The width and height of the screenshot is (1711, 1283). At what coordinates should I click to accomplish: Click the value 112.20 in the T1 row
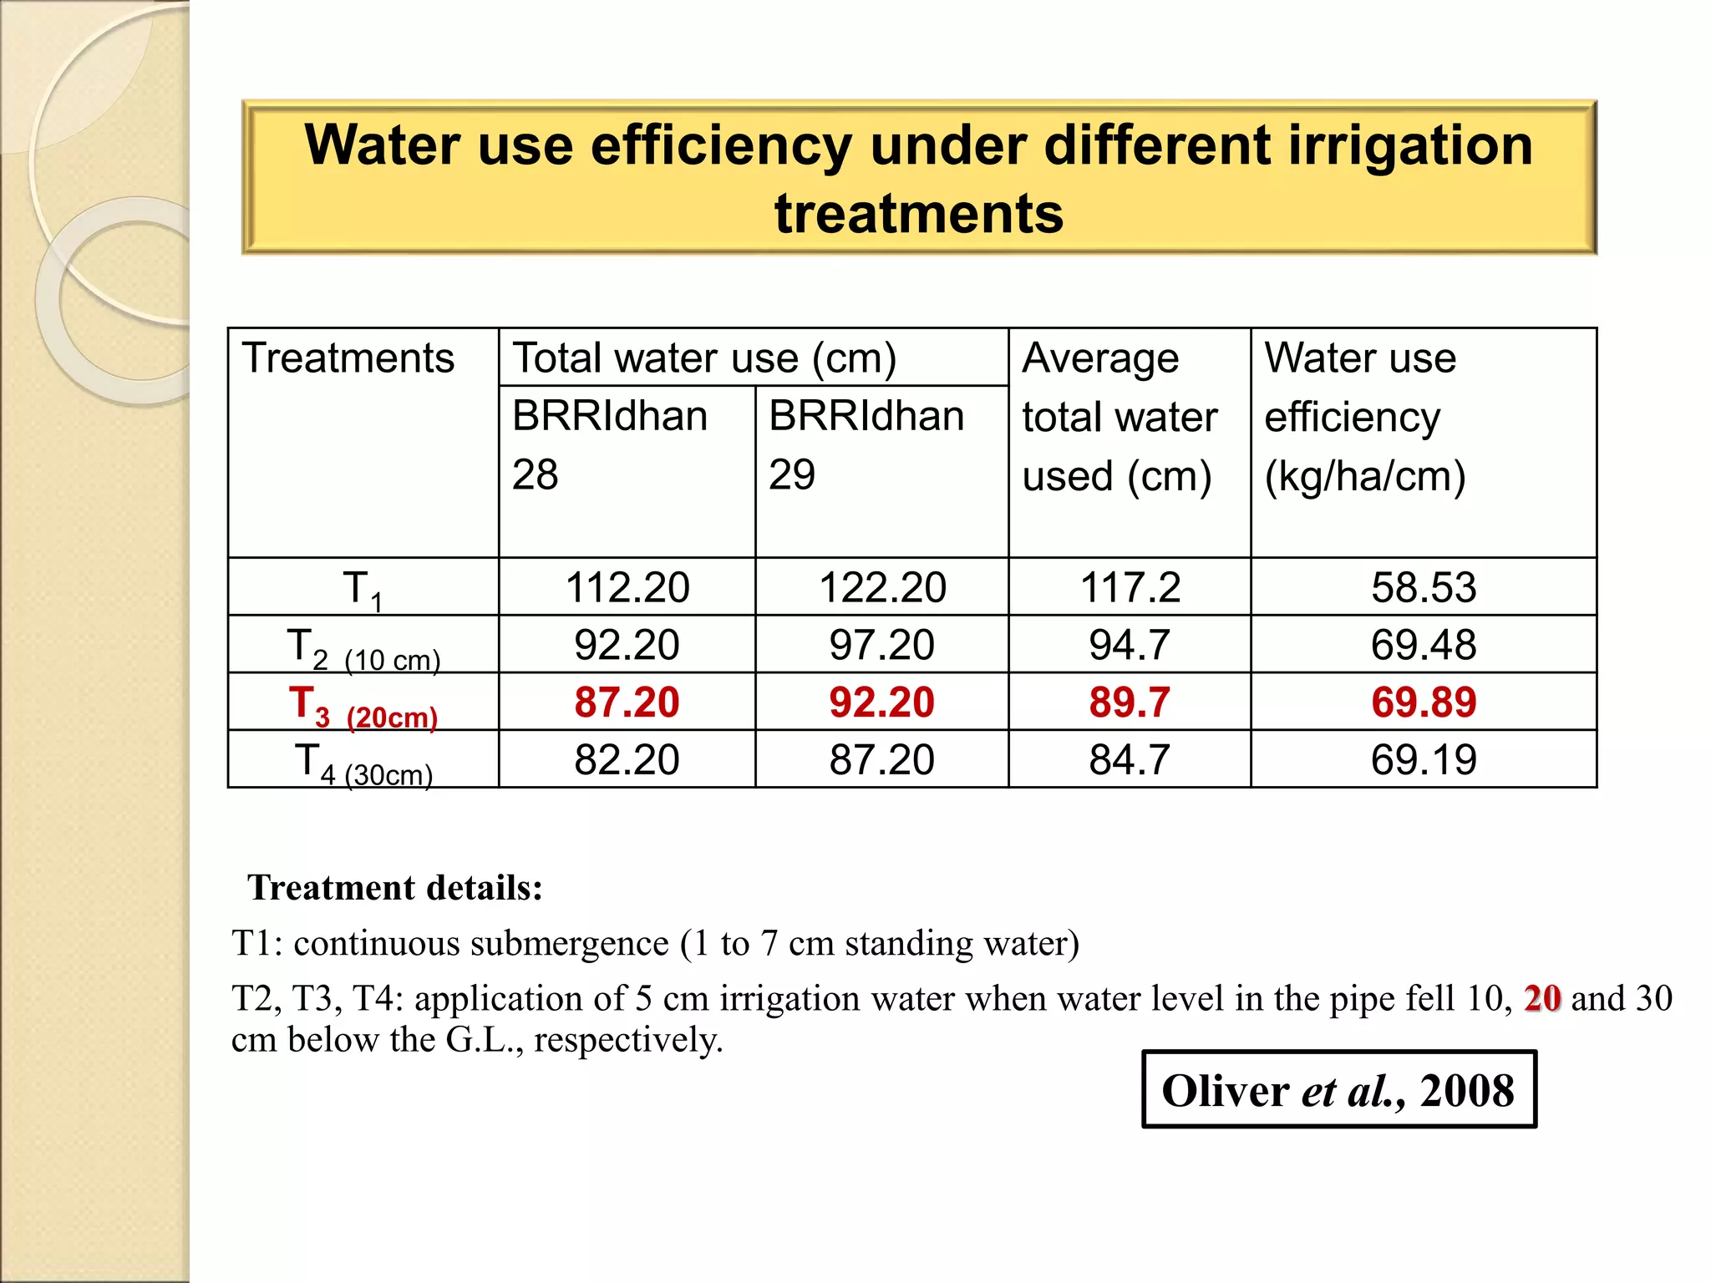[x=627, y=587]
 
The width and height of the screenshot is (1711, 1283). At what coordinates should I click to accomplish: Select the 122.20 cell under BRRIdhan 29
[x=882, y=587]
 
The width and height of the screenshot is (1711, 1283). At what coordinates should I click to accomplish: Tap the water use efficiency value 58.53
[x=1424, y=587]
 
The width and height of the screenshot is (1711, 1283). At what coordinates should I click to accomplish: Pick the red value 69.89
[x=1424, y=702]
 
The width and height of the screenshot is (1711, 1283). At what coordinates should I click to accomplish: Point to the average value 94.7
[x=1130, y=645]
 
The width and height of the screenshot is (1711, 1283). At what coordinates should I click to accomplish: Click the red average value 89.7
[x=1130, y=702]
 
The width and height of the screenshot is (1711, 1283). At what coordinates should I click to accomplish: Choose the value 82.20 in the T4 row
[x=627, y=760]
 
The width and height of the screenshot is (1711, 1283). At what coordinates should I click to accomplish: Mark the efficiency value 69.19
[x=1424, y=760]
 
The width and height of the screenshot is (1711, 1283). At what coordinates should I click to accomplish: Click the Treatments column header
[x=348, y=358]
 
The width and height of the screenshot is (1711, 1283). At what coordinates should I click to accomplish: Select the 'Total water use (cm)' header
[x=704, y=358]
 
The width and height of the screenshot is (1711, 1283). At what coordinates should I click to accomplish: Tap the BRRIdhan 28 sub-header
[x=610, y=444]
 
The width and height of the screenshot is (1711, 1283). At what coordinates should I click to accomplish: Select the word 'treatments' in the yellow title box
[x=919, y=214]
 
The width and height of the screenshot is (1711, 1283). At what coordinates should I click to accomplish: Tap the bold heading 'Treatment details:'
[x=395, y=888]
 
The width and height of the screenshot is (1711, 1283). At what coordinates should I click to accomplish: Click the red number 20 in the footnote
[x=1542, y=998]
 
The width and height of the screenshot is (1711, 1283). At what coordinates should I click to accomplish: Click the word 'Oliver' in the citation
[x=1225, y=1091]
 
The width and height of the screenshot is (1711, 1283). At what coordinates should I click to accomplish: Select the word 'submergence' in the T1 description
[x=576, y=944]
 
